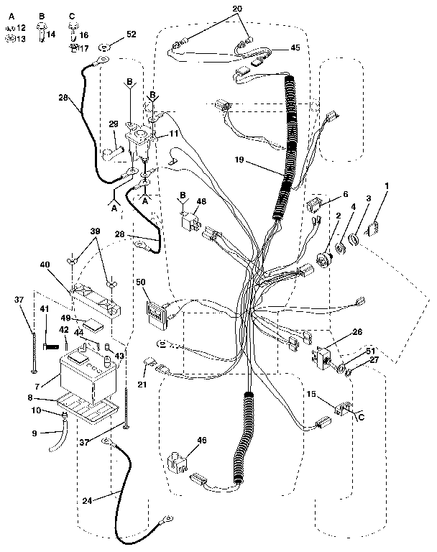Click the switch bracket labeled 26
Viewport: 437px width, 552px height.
coord(323,354)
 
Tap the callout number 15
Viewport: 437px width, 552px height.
coord(310,395)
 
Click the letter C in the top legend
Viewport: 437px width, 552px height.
coord(71,15)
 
